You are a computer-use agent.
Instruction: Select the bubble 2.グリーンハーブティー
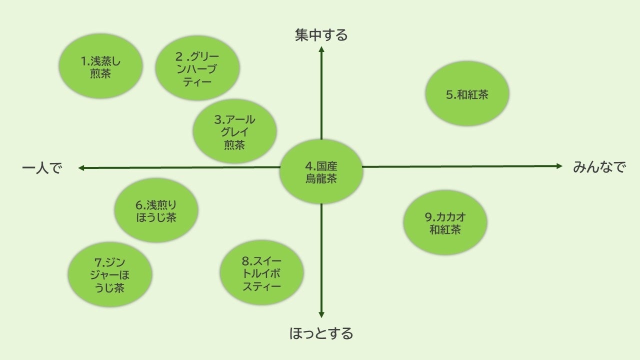point(197,68)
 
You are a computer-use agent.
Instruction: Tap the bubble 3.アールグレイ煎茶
point(234,131)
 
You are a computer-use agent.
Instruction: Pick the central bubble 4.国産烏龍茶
point(321,171)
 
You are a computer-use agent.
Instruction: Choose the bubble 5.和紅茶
point(467,94)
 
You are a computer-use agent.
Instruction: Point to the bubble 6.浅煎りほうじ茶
point(156,210)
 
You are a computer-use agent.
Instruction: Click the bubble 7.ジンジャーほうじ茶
point(109,274)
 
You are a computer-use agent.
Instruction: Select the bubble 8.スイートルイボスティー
point(261,273)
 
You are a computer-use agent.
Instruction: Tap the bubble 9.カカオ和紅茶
point(445,223)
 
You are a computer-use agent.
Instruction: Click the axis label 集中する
point(321,35)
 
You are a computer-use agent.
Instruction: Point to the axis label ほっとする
point(321,333)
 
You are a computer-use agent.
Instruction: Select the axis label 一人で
point(42,168)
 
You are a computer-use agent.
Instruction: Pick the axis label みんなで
point(599,167)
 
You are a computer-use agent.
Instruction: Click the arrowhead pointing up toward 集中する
point(321,49)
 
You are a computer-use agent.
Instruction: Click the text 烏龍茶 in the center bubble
point(321,178)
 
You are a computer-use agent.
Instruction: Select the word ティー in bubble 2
point(197,81)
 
